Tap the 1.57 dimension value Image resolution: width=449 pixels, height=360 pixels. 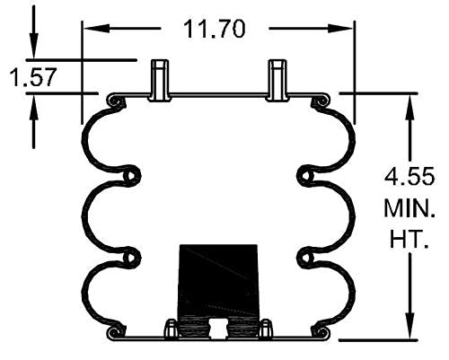click(x=33, y=77)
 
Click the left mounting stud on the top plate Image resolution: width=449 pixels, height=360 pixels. click(x=159, y=79)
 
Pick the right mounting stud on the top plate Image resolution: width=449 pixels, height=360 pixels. click(x=278, y=79)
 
